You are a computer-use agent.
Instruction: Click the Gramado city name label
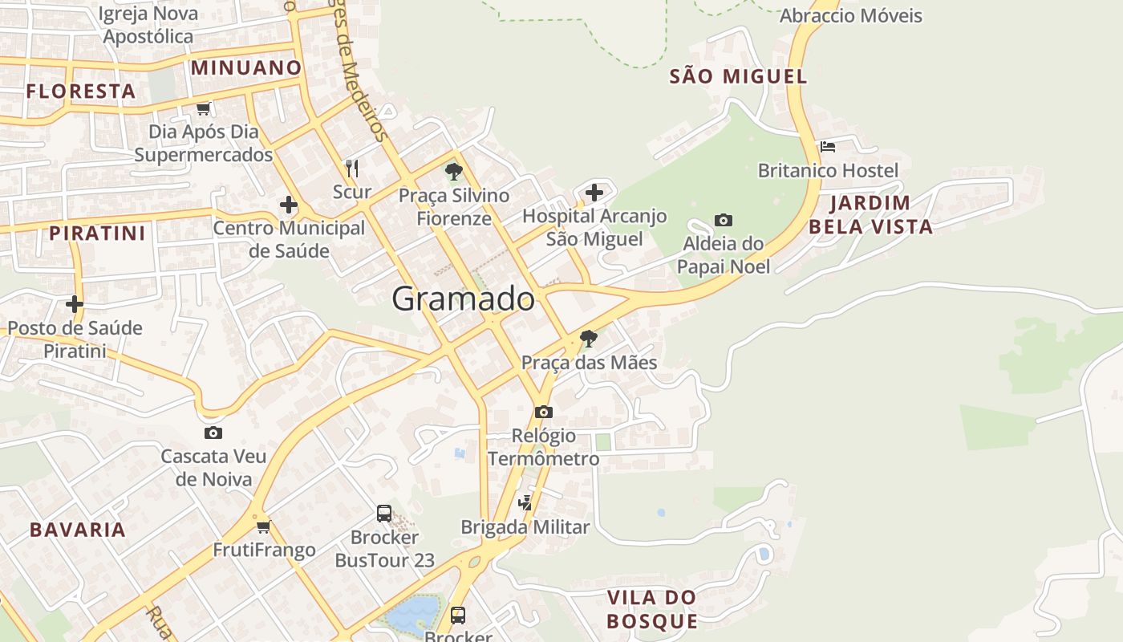tap(463, 299)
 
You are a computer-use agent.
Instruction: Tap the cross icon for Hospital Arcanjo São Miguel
tap(594, 193)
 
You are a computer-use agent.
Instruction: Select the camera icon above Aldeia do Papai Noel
tap(723, 220)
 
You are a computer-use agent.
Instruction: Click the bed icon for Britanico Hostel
tap(828, 147)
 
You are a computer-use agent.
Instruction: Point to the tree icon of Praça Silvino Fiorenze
tap(453, 171)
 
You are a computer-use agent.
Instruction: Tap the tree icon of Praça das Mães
tap(588, 339)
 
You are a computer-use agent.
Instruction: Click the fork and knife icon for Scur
tap(351, 168)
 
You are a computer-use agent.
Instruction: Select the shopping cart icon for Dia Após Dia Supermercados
tap(203, 108)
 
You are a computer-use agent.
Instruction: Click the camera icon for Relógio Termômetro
tap(543, 412)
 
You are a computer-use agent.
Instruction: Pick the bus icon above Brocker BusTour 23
tap(384, 513)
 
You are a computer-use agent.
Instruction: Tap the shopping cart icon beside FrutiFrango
tap(263, 527)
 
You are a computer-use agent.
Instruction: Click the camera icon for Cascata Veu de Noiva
tap(213, 433)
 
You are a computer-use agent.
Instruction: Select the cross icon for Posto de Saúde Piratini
tap(75, 304)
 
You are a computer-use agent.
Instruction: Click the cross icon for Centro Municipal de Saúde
tap(288, 205)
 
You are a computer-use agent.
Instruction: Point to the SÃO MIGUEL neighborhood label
tap(738, 76)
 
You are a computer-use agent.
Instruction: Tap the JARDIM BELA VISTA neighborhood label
tap(870, 214)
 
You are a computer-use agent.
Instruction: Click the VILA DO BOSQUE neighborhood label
tap(651, 609)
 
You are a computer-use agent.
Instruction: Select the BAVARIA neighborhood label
tap(78, 530)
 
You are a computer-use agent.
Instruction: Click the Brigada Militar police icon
tap(525, 503)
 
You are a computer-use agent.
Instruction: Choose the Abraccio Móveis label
tap(850, 16)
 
